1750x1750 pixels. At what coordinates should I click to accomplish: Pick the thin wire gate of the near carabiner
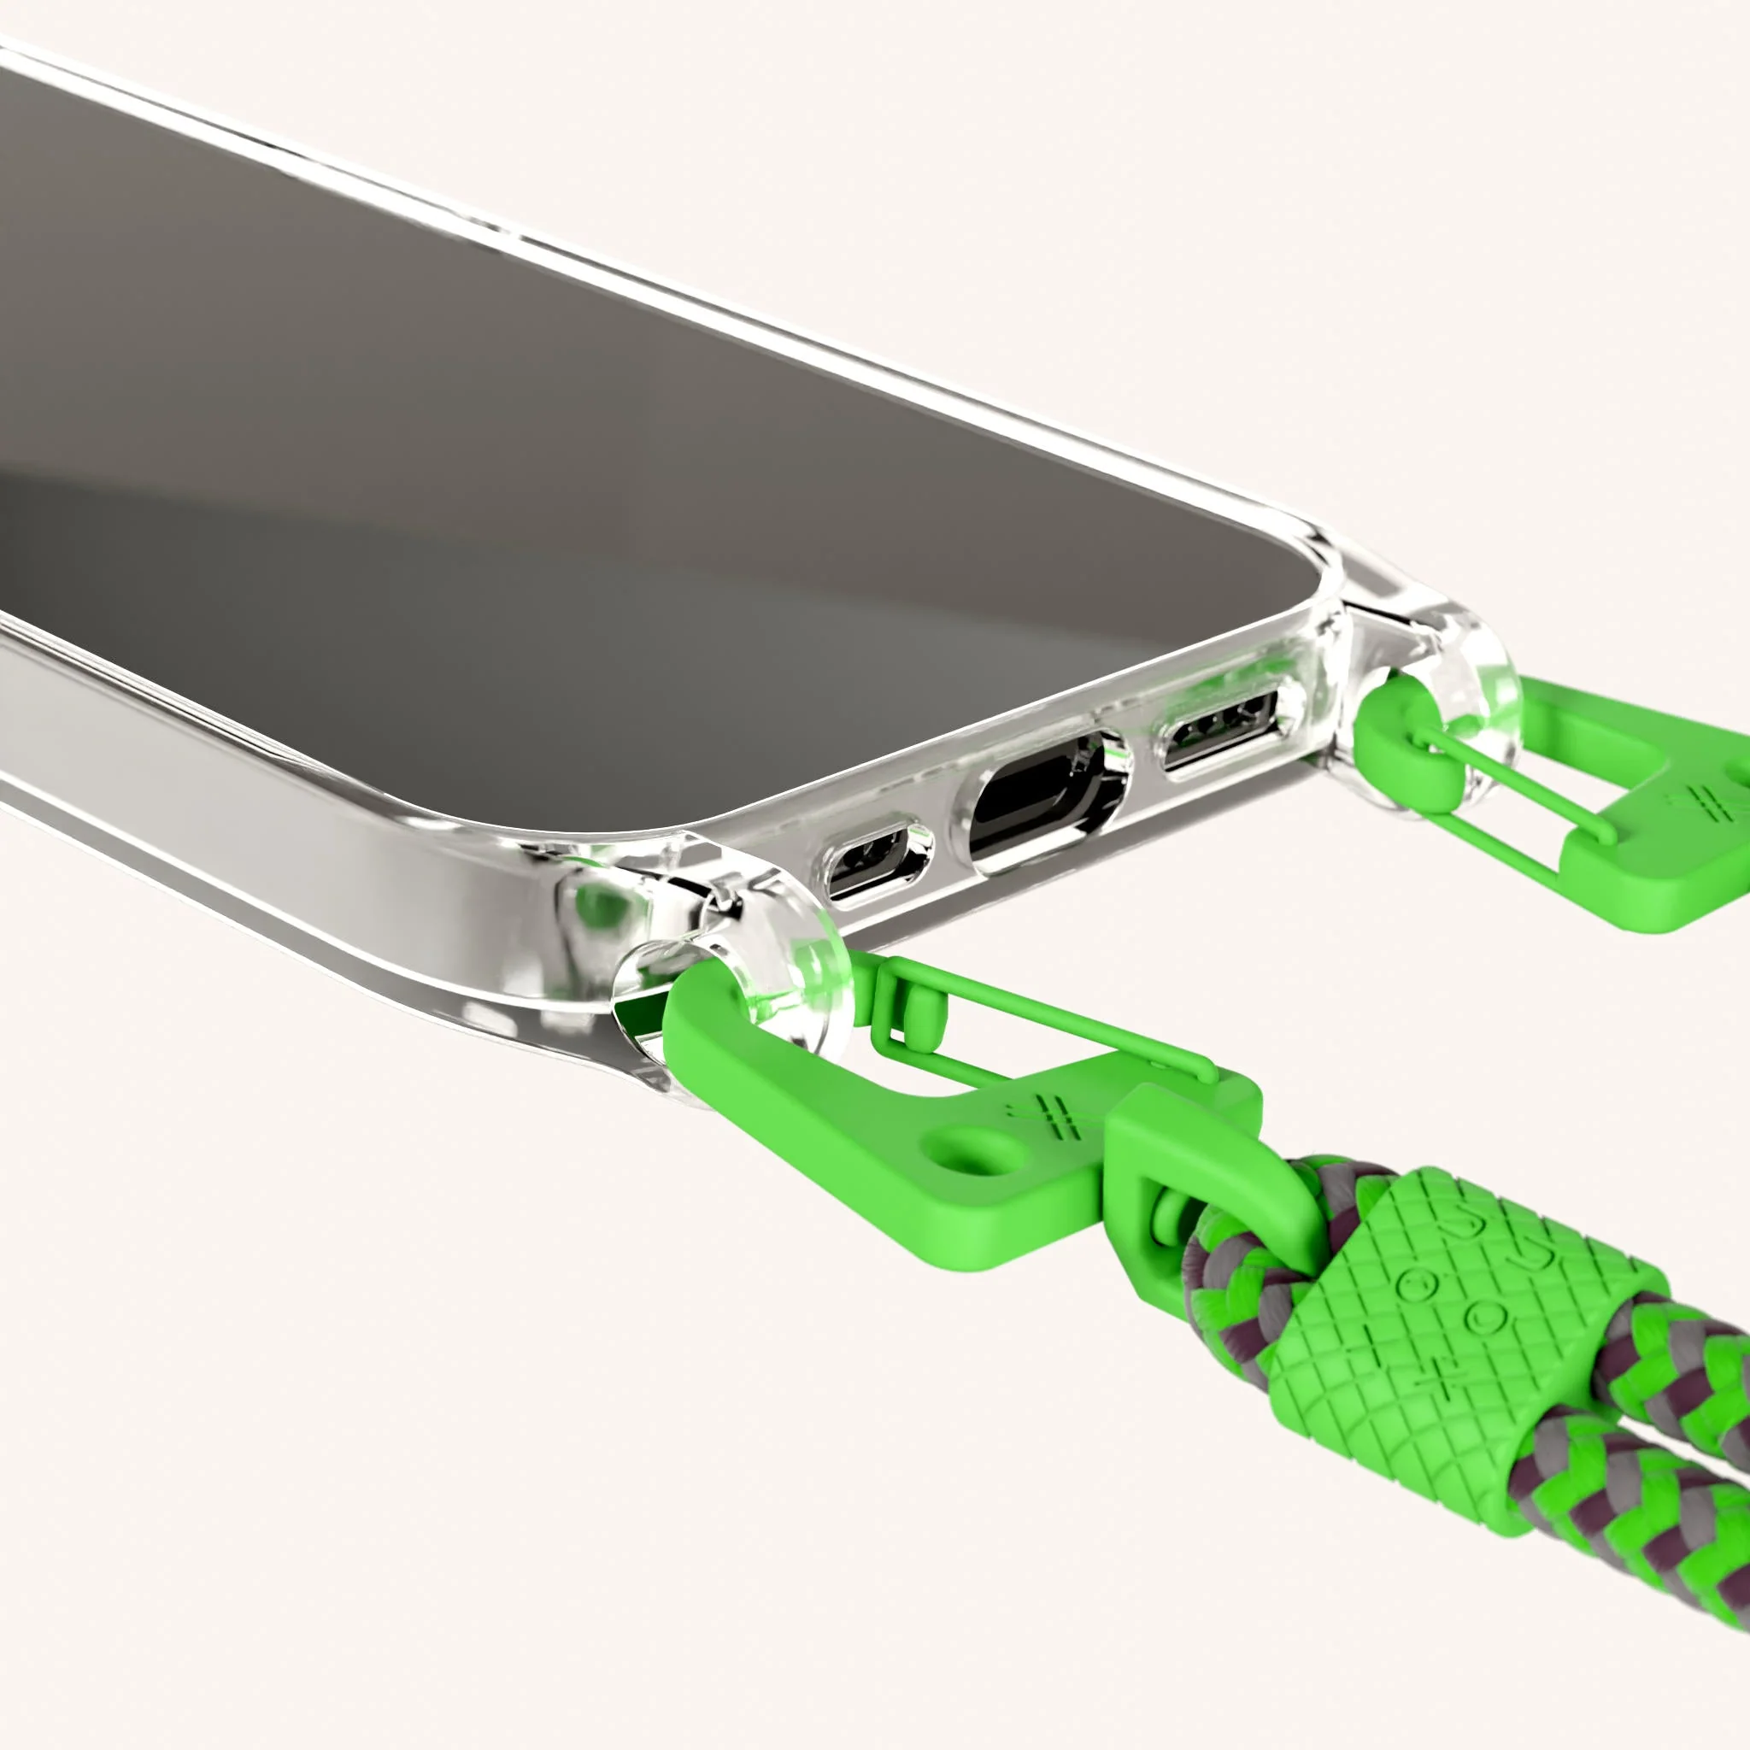coord(1042,1024)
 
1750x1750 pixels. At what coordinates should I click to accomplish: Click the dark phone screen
coord(543,453)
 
